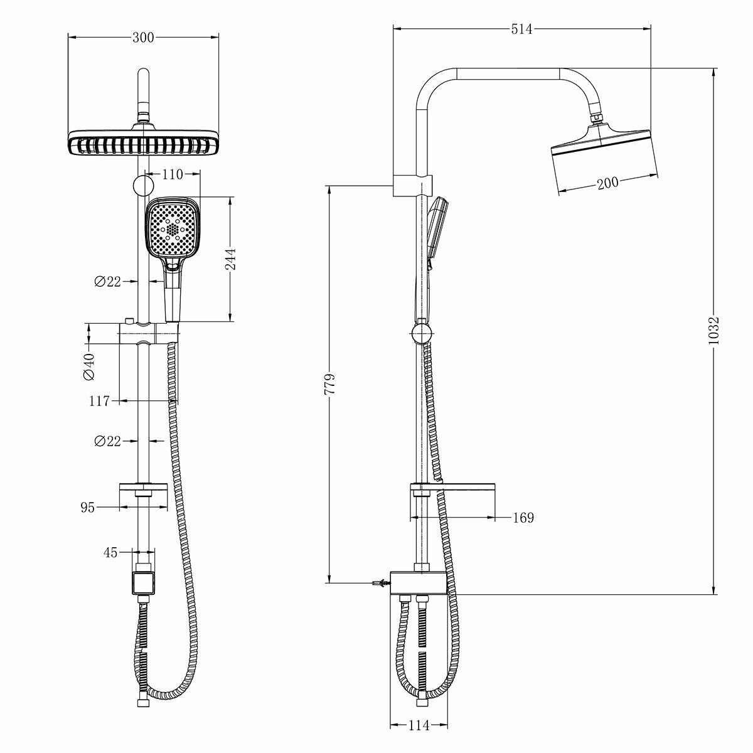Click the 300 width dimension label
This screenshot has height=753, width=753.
(144, 38)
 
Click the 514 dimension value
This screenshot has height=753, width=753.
(521, 29)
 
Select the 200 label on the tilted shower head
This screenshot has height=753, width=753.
(607, 183)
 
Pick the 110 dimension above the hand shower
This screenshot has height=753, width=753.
(173, 174)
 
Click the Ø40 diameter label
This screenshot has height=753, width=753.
(89, 367)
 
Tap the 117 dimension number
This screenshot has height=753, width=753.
(99, 401)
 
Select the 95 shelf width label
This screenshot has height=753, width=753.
(87, 508)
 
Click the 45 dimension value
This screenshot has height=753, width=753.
(110, 553)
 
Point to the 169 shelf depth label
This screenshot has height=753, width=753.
(523, 518)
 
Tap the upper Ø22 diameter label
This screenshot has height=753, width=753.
(107, 282)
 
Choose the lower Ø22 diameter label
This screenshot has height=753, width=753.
(107, 442)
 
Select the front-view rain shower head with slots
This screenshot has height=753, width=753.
(144, 144)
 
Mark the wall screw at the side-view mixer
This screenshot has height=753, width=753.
(378, 584)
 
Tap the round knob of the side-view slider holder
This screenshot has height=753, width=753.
(422, 332)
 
